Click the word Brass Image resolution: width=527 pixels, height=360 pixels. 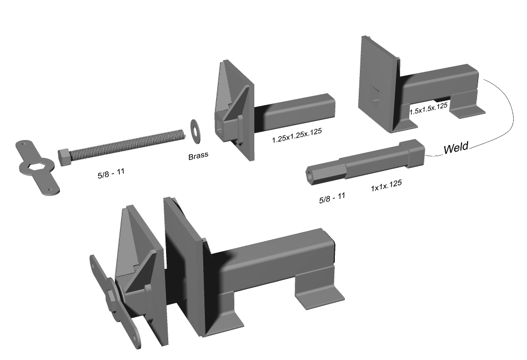coord(198,156)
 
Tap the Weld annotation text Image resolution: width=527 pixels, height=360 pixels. coord(455,148)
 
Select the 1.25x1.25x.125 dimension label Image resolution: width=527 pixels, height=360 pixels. coord(297,135)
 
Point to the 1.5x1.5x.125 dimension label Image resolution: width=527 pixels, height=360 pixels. coord(429,108)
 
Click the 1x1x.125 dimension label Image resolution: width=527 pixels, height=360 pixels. coord(386,186)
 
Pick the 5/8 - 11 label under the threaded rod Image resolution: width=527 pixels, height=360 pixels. coord(111,173)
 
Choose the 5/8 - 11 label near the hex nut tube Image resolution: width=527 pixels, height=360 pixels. coord(332,198)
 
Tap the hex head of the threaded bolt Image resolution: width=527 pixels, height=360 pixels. coord(64,157)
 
